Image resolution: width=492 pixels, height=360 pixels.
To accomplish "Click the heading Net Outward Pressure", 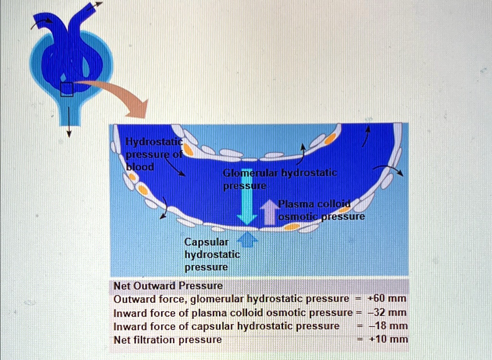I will (x=168, y=286).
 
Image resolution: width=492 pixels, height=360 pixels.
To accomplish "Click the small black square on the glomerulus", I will (x=67, y=89).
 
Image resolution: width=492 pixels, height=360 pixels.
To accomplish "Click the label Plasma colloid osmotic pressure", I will (x=321, y=211).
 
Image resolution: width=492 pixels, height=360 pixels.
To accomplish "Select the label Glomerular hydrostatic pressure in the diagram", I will (x=280, y=179).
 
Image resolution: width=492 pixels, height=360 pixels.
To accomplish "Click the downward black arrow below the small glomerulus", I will (x=68, y=122).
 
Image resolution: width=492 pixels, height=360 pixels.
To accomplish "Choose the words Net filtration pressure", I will (x=168, y=340).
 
